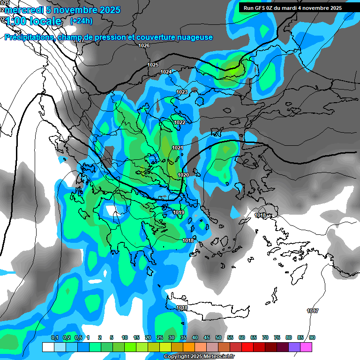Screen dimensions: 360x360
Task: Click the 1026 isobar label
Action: pyautogui.click(x=144, y=45)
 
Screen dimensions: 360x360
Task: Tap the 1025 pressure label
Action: pyautogui.click(x=153, y=65)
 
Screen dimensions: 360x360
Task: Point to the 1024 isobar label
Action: pyautogui.click(x=166, y=72)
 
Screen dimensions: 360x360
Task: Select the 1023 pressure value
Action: pyautogui.click(x=182, y=92)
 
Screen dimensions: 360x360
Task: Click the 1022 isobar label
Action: pyautogui.click(x=179, y=123)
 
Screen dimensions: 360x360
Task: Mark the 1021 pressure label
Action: pyautogui.click(x=177, y=148)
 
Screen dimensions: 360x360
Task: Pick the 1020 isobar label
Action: pyautogui.click(x=183, y=175)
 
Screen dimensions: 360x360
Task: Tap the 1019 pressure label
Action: pyautogui.click(x=179, y=213)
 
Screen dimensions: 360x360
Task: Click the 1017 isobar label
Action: pyautogui.click(x=312, y=311)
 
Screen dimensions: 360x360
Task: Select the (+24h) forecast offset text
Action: pyautogui.click(x=81, y=21)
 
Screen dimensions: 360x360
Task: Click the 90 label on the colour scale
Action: pyautogui.click(x=312, y=337)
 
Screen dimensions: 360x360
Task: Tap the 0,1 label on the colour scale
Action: pyautogui.click(x=54, y=337)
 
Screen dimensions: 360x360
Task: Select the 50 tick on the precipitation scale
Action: pyautogui.click(x=218, y=337)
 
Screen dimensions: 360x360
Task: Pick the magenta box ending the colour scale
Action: pyautogui.click(x=306, y=347)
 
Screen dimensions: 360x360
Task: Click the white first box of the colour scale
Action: pyautogui.click(x=48, y=347)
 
